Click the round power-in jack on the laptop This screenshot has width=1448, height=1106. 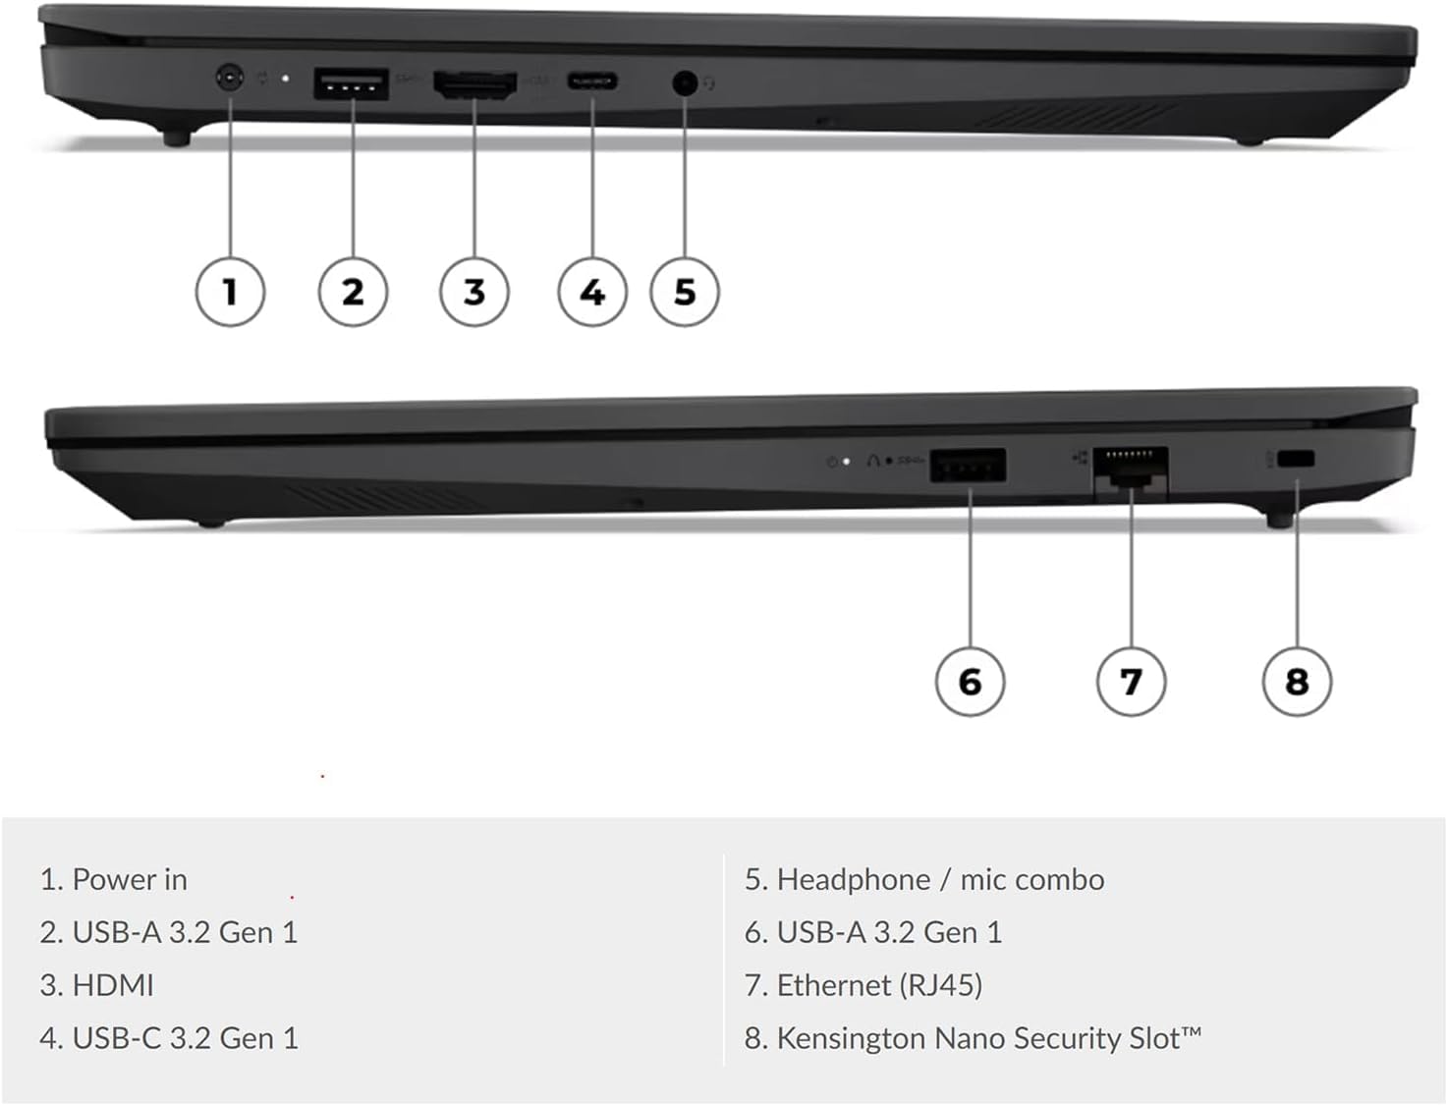[229, 78]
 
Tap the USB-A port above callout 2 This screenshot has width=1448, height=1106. [351, 84]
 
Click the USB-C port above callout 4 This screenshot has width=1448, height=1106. [592, 82]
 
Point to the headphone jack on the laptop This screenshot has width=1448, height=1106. [684, 83]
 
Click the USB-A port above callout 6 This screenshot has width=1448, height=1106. [969, 466]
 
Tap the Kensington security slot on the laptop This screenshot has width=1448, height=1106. [1298, 459]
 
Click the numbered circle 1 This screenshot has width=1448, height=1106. [230, 292]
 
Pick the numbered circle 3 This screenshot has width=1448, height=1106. [474, 292]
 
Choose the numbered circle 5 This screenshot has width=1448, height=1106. [685, 292]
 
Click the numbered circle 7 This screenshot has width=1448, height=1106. [1131, 682]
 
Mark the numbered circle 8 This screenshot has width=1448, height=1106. [1297, 682]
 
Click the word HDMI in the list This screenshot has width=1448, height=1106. [113, 985]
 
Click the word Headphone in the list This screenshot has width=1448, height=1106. [853, 879]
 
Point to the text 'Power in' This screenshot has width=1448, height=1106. [130, 879]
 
